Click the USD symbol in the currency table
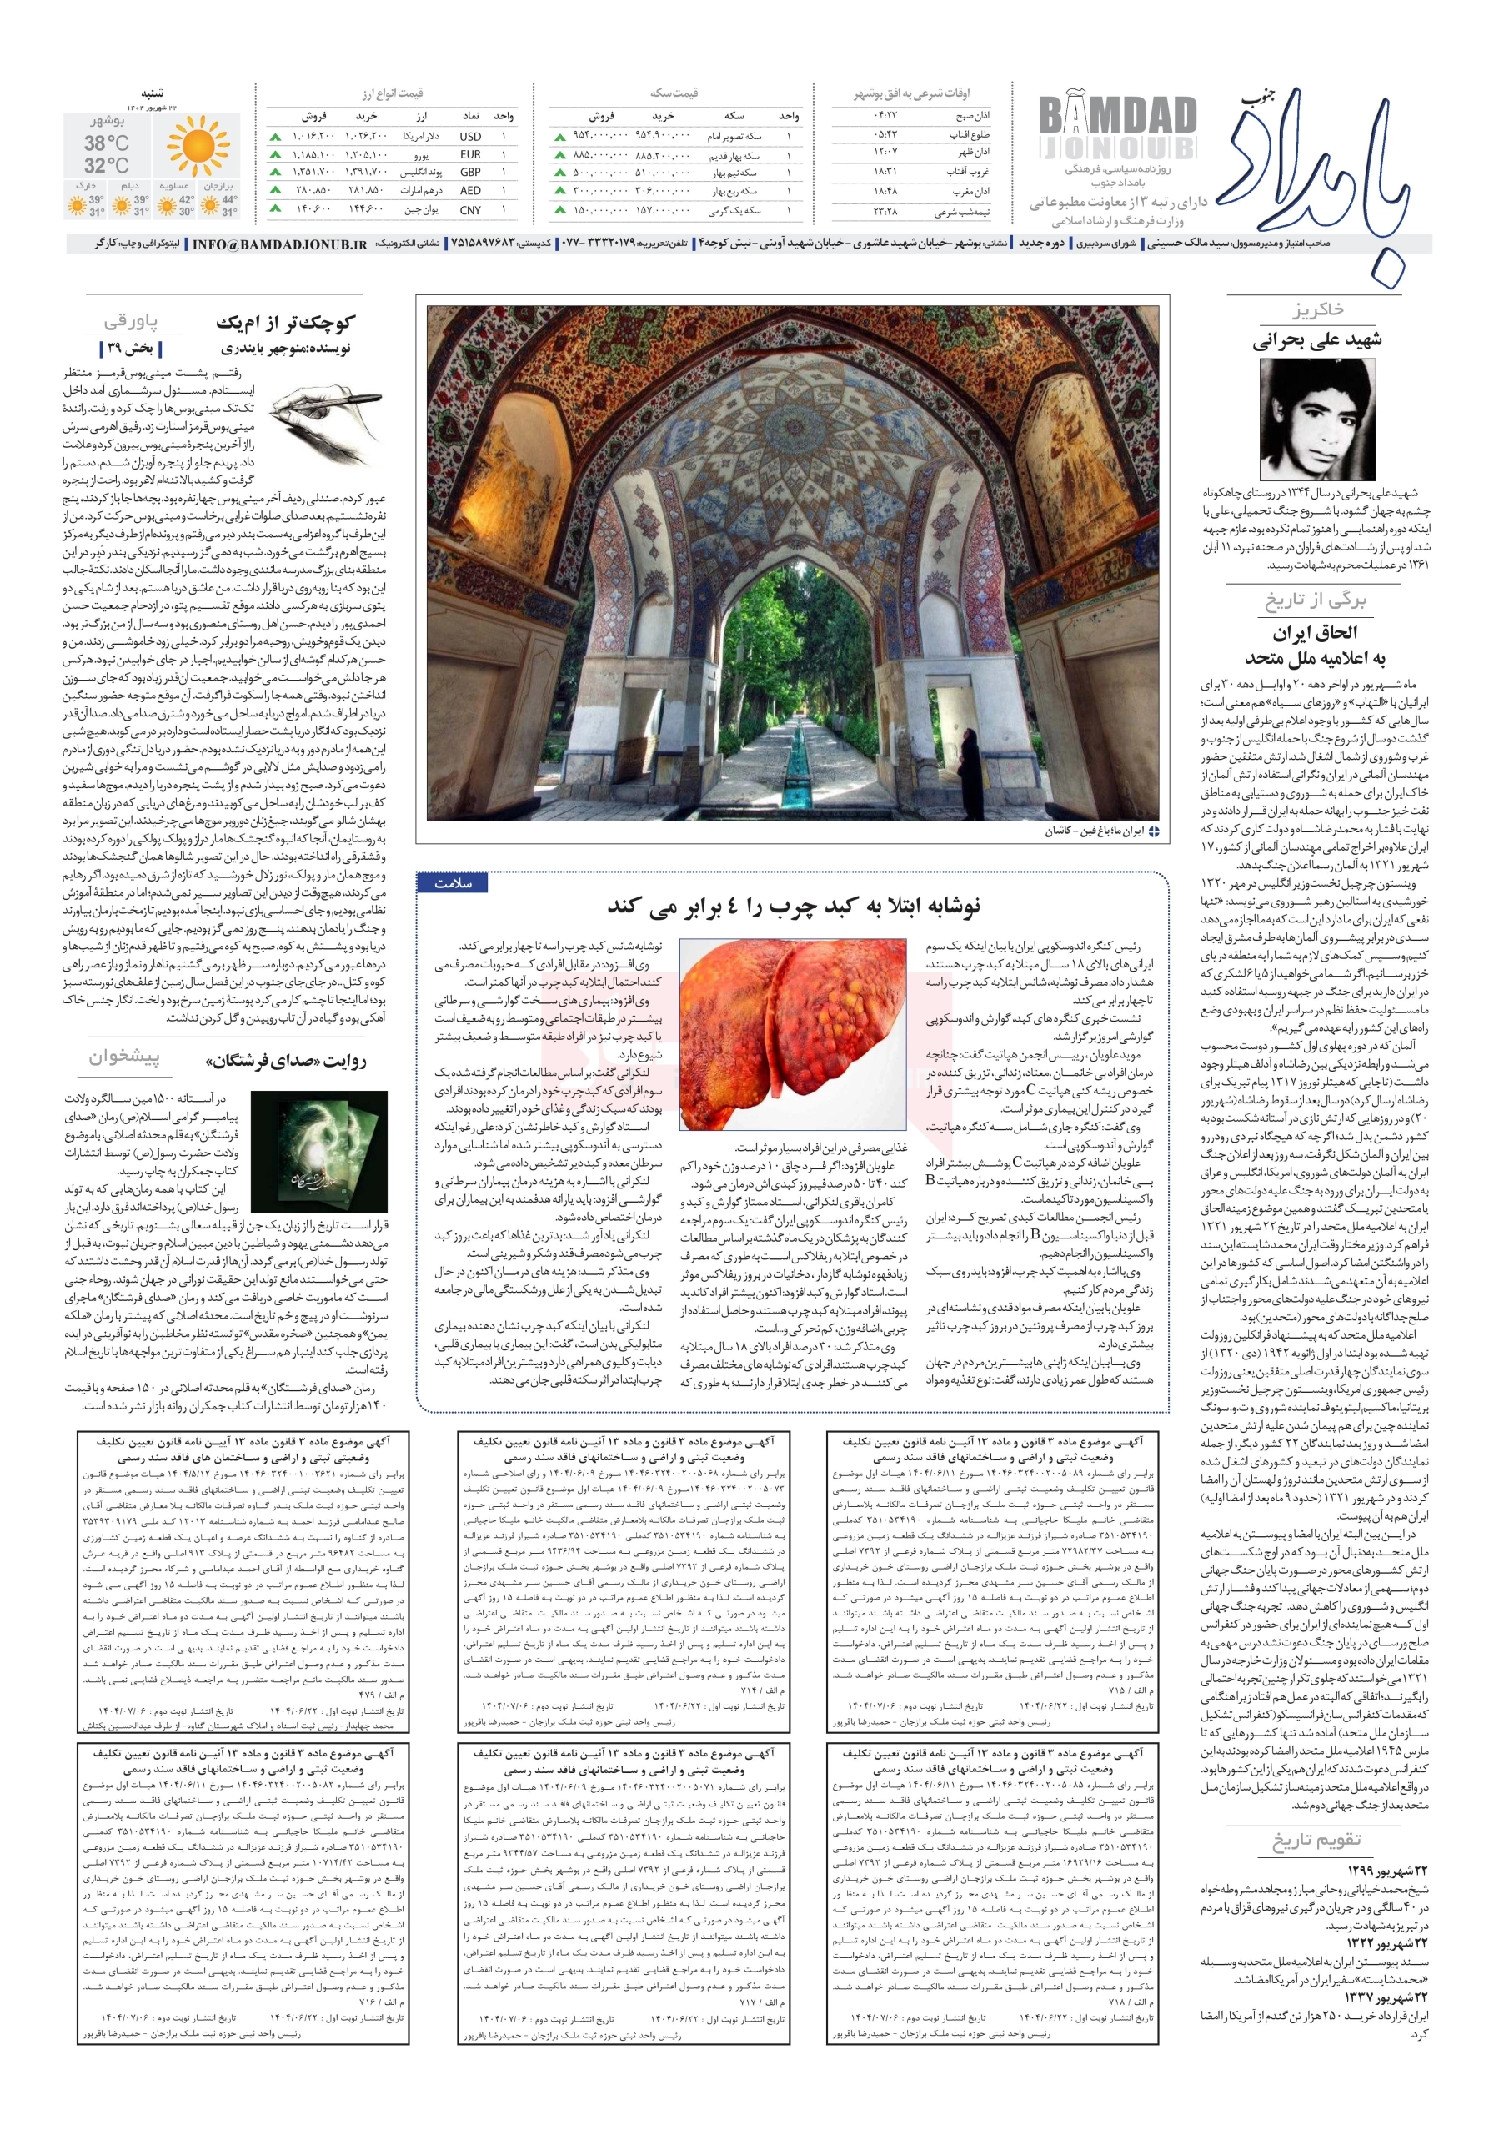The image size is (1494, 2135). [x=470, y=136]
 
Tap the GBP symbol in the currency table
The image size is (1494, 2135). [x=470, y=172]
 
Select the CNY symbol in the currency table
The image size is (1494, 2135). [x=470, y=210]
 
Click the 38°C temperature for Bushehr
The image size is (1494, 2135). [x=106, y=143]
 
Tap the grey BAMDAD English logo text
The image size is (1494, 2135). [x=1116, y=116]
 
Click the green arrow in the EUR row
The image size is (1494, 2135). [x=275, y=154]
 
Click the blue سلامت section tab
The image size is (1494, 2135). [x=453, y=883]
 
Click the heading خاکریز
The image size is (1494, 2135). [x=1316, y=309]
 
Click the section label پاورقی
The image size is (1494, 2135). [x=130, y=322]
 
